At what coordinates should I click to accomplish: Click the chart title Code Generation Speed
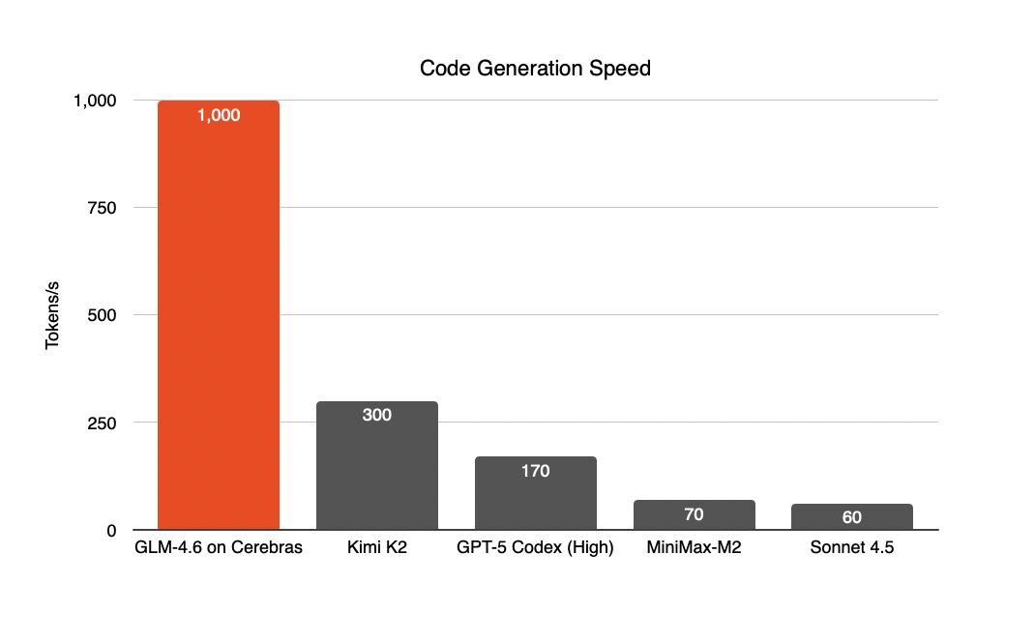click(x=535, y=68)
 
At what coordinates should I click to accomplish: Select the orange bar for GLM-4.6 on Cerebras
click(x=219, y=315)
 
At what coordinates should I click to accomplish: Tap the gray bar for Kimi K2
click(x=377, y=465)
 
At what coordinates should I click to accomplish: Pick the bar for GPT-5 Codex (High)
click(x=535, y=493)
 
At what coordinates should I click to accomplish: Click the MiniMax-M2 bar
click(x=695, y=514)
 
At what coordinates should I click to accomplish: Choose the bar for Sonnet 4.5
click(x=852, y=516)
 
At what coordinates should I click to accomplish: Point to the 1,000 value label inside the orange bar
click(x=219, y=115)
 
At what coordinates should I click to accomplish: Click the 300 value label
click(x=377, y=415)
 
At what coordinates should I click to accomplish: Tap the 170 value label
click(x=535, y=471)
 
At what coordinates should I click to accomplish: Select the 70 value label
click(x=694, y=514)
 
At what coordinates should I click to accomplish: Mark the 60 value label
click(x=851, y=517)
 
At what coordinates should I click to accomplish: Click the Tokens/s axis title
click(x=52, y=315)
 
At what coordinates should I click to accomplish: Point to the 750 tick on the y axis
click(x=102, y=208)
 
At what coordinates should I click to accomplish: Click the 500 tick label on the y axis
click(x=102, y=315)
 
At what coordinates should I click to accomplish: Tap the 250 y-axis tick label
click(x=102, y=423)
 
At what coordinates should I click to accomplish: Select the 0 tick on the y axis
click(x=111, y=531)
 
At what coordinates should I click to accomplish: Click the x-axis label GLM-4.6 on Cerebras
click(x=219, y=547)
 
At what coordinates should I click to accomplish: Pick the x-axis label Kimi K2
click(x=377, y=547)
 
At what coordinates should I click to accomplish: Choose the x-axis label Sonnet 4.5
click(x=852, y=547)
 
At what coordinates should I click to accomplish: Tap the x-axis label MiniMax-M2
click(x=694, y=547)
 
